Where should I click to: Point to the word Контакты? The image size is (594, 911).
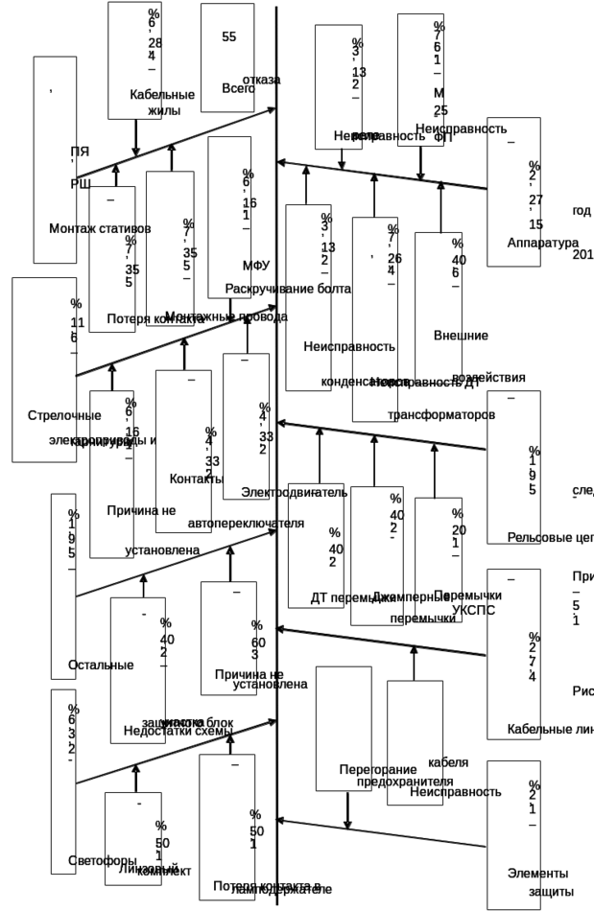[198, 478]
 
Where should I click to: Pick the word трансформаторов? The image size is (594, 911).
[440, 416]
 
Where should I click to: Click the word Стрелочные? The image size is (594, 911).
[64, 416]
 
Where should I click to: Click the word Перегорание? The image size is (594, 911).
[380, 769]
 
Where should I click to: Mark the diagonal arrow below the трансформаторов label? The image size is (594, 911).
[384, 436]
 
